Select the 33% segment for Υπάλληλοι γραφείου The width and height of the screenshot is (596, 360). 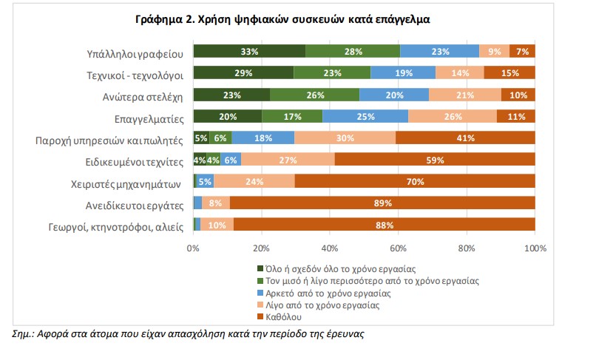[x=249, y=51]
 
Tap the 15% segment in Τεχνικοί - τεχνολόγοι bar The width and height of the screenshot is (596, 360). [x=509, y=72]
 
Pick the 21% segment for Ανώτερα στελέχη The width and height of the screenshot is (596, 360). [x=464, y=95]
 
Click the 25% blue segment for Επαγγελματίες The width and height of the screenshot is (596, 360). [x=365, y=116]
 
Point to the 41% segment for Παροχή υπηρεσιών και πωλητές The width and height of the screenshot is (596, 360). [x=465, y=137]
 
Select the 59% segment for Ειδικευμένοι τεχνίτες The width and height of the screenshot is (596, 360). [x=435, y=159]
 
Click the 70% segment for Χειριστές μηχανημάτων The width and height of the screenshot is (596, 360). [x=415, y=181]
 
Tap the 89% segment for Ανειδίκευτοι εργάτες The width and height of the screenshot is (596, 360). [x=382, y=203]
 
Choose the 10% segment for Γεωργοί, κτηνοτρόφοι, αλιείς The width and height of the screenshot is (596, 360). [x=217, y=225]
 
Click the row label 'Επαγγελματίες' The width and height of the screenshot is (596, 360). [x=147, y=116]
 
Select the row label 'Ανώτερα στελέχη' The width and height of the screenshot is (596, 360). [x=143, y=95]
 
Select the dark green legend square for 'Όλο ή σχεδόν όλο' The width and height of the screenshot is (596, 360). [x=260, y=269]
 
